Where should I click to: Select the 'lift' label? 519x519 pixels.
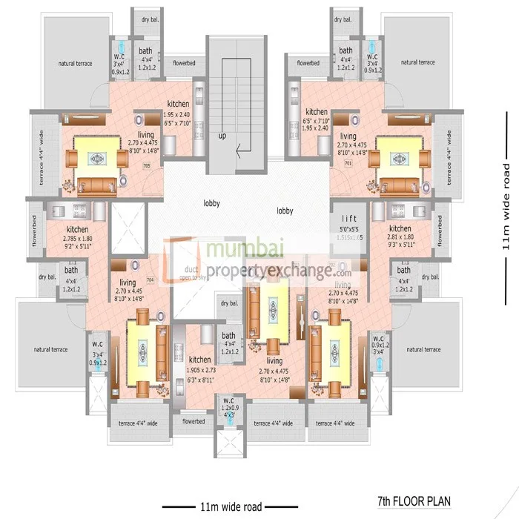(349, 219)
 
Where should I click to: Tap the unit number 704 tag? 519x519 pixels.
(150, 280)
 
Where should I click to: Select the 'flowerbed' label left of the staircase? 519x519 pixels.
(178, 64)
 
